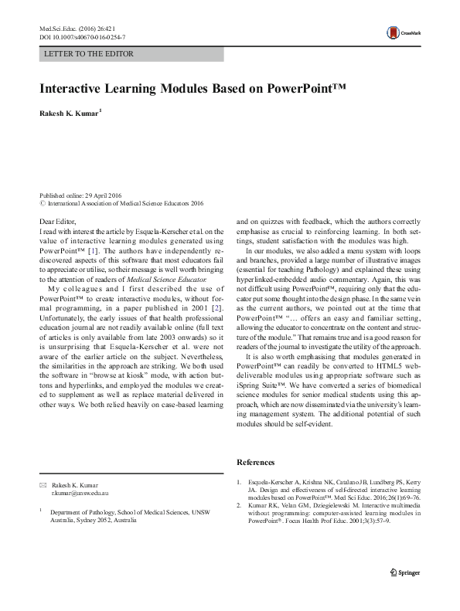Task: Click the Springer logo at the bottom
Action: (x=406, y=593)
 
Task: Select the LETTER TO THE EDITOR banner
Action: (x=90, y=54)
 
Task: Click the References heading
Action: (x=255, y=462)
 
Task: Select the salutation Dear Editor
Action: (x=59, y=222)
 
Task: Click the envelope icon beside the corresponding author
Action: (x=43, y=483)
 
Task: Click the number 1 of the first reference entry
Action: (x=238, y=483)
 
